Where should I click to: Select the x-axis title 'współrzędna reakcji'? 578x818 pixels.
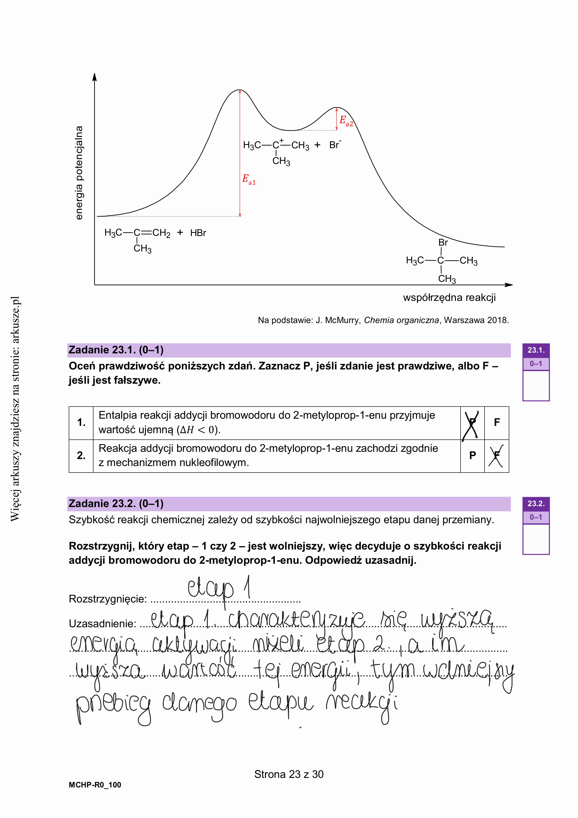tap(449, 297)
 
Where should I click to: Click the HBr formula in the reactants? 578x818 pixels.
tap(198, 233)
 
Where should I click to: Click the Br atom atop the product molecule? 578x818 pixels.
tap(443, 243)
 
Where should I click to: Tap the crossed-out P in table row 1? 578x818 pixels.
tap(472, 423)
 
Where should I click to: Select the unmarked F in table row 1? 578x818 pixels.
tap(497, 423)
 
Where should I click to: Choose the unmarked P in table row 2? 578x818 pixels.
tap(472, 455)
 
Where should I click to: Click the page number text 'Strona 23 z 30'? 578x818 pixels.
tap(289, 774)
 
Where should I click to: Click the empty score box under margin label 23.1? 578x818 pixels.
tap(536, 386)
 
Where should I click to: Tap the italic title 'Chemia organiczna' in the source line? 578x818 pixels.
tap(401, 320)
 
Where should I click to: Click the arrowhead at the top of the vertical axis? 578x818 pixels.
tap(94, 77)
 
